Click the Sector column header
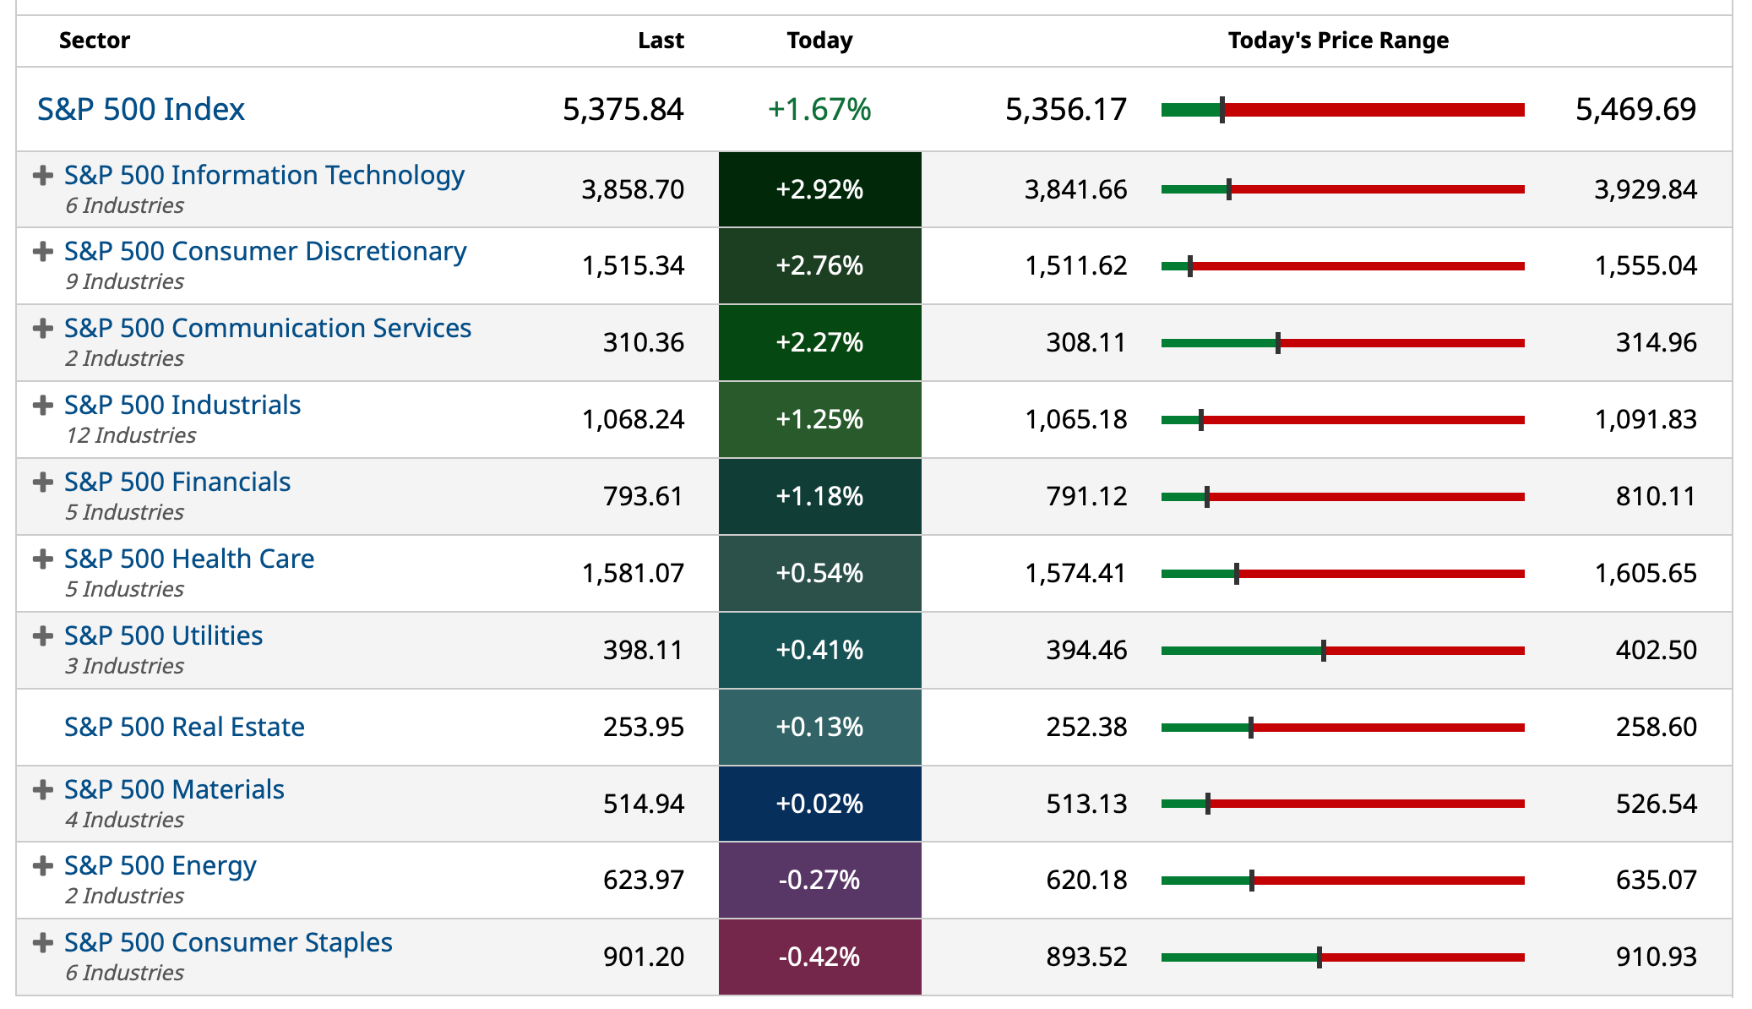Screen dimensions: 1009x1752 [94, 41]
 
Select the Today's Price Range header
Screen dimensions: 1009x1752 [1337, 41]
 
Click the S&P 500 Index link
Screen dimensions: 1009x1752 [141, 109]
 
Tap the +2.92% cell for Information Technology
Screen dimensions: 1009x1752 [819, 189]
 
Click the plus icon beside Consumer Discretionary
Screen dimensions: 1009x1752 [42, 251]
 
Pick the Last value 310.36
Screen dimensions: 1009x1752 [643, 342]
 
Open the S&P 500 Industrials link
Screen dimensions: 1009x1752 [182, 405]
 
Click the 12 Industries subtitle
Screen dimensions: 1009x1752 [131, 435]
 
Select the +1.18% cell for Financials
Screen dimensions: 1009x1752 [819, 496]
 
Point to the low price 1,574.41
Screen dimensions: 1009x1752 [1075, 573]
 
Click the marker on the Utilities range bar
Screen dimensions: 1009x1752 [1324, 651]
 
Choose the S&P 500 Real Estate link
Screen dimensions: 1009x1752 [184, 727]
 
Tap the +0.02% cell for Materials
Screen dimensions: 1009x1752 [819, 804]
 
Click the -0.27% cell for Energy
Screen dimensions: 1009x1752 [819, 880]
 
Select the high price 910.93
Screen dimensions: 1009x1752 [1656, 957]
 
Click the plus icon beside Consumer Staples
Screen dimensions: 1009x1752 [42, 942]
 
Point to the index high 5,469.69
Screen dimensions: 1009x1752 [1635, 109]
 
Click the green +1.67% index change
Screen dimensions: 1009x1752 [819, 109]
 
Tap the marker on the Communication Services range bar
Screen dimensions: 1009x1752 [1278, 343]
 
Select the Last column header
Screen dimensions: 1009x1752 [661, 41]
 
